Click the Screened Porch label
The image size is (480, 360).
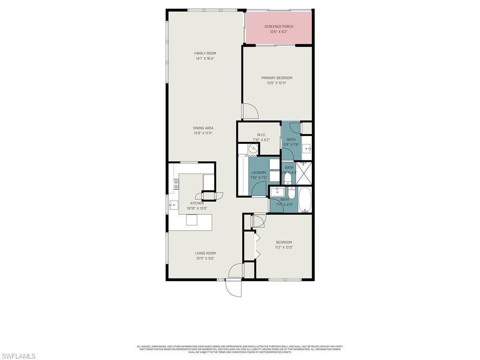278,27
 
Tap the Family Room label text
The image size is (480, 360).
205,53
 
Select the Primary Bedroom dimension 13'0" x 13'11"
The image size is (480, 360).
277,83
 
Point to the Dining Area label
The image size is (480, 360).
203,128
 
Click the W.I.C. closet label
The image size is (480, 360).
262,135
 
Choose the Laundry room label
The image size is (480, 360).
259,172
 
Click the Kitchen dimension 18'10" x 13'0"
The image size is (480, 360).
197,208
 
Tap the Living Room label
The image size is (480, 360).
205,253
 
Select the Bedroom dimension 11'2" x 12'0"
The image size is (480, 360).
284,247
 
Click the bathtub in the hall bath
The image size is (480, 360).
305,200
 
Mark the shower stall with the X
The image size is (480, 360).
305,173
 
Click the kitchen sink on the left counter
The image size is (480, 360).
173,204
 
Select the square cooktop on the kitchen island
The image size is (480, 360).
192,220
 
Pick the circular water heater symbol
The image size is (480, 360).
253,149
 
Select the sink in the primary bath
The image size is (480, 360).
307,149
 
